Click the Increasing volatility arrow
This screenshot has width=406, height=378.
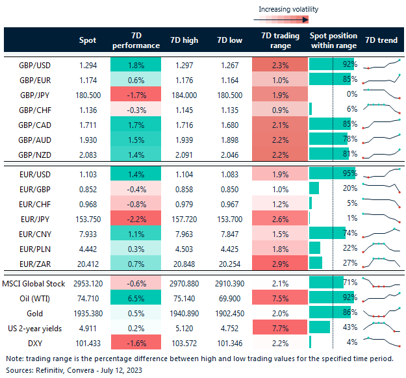(288, 19)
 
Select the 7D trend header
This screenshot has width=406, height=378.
(381, 40)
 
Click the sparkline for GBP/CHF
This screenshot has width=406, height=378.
(381, 109)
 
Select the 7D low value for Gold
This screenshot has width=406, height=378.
(230, 312)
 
